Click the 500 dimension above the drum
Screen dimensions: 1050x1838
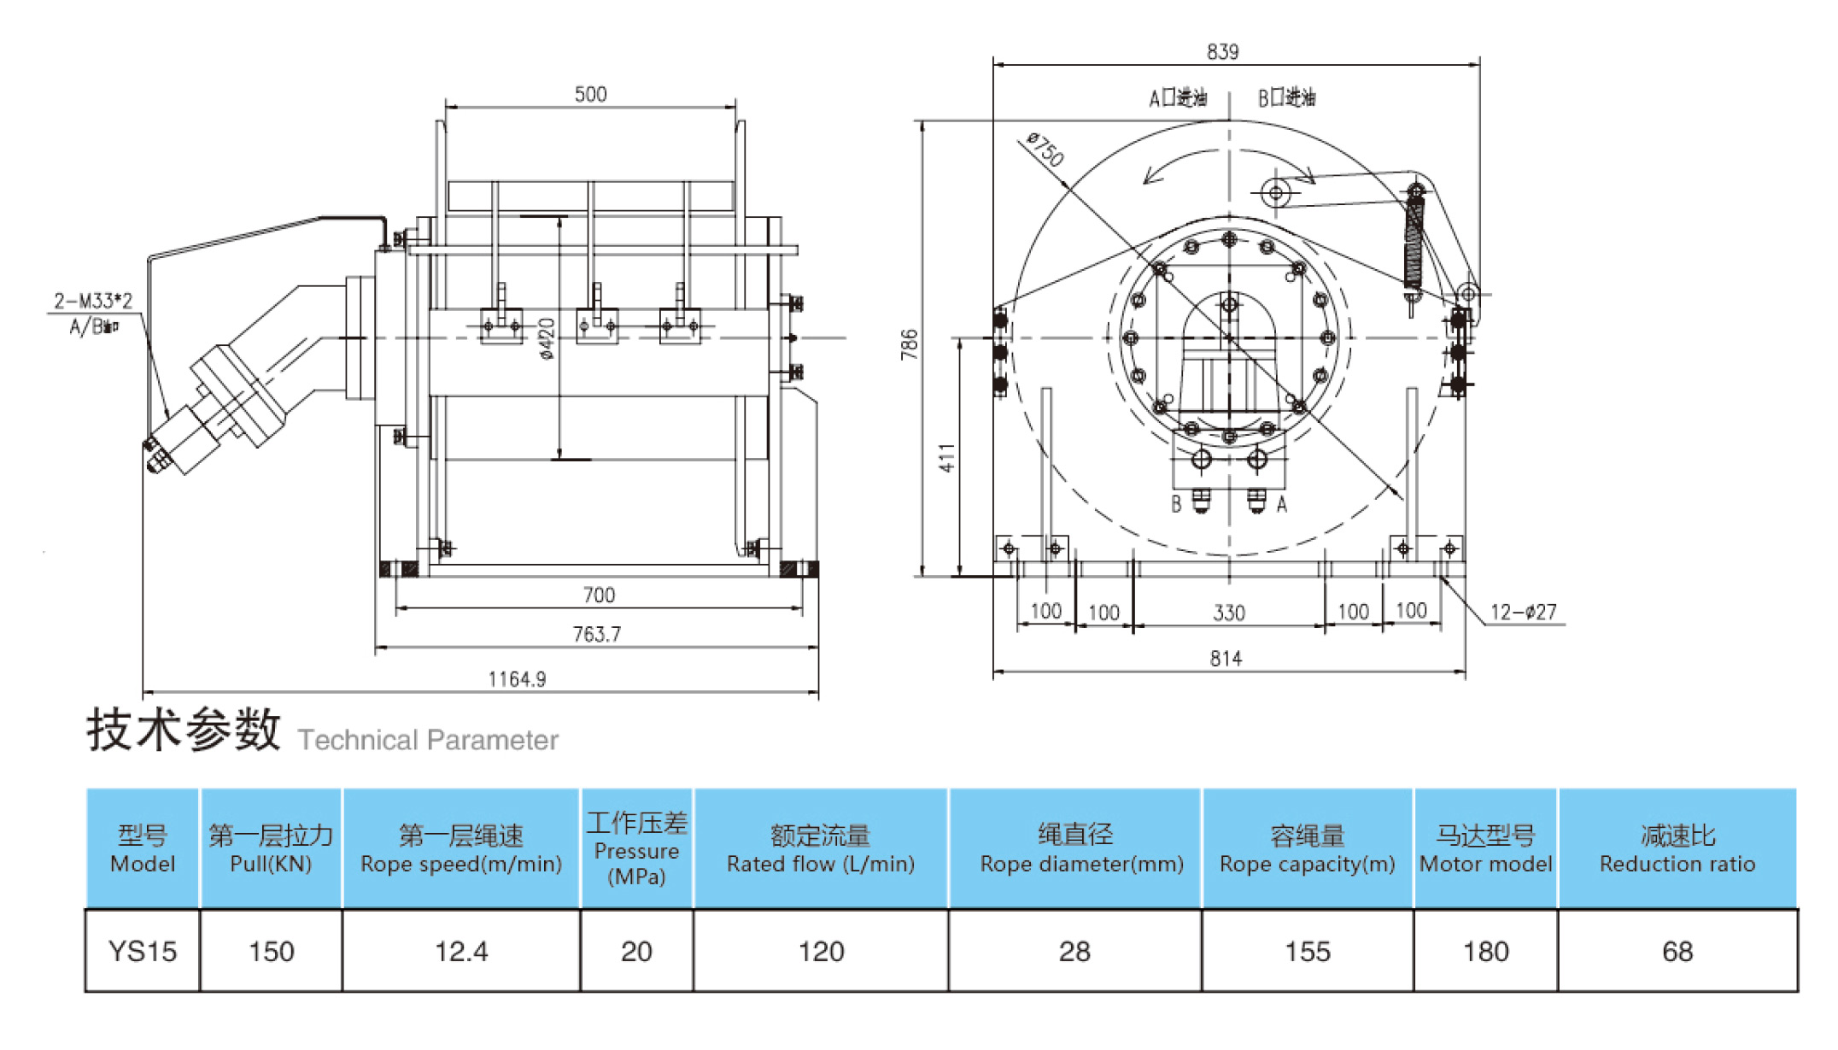pos(590,94)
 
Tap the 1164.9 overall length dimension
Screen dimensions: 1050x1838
pos(517,679)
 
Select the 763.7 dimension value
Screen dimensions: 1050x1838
pos(596,635)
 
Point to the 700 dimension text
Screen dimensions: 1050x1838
pos(599,595)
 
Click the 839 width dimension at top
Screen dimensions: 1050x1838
pos(1222,52)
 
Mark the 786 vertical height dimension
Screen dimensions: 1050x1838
pos(910,343)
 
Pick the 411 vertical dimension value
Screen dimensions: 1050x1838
pos(947,458)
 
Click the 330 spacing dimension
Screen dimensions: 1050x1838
pos(1229,613)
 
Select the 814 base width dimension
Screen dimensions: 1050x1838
pos(1226,659)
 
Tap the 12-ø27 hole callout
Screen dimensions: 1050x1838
pos(1523,612)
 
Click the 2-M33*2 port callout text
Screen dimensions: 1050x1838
pos(93,301)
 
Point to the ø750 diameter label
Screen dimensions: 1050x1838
pos(1045,150)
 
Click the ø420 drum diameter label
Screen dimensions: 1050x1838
pos(547,338)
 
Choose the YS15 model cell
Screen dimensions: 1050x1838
pos(143,951)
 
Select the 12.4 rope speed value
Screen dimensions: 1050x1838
pos(461,951)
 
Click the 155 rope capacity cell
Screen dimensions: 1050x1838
pos(1308,951)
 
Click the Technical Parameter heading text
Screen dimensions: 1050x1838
pos(428,740)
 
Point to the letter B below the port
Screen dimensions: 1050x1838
pos(1176,504)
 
